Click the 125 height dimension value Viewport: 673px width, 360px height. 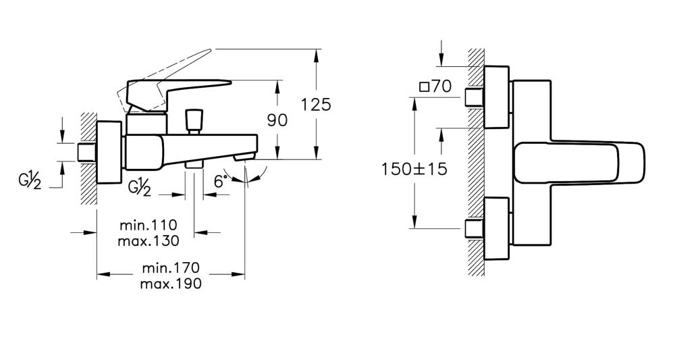(316, 105)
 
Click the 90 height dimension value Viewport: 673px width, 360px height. (277, 120)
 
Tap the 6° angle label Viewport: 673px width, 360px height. (220, 181)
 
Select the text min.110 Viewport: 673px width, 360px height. (148, 225)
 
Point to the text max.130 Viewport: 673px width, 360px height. (149, 240)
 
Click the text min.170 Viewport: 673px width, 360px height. (171, 267)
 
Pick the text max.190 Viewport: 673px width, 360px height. (171, 284)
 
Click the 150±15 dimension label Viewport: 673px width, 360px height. (414, 169)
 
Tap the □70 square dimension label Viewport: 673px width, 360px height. (435, 86)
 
